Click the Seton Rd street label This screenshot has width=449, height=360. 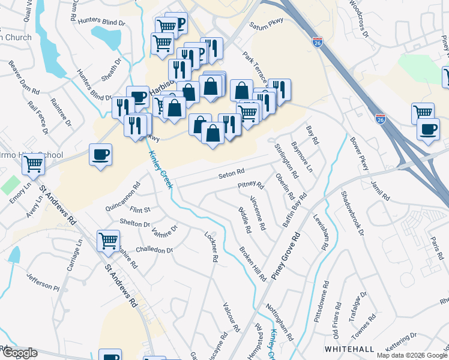coord(232,173)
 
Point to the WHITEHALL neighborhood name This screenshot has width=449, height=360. coord(349,349)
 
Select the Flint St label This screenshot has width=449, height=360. coord(139,210)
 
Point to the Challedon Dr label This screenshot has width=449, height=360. coord(154,250)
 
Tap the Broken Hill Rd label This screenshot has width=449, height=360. coord(252,264)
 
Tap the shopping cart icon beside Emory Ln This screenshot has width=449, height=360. coord(33,163)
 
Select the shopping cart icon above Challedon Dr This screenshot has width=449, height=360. coord(109,241)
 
